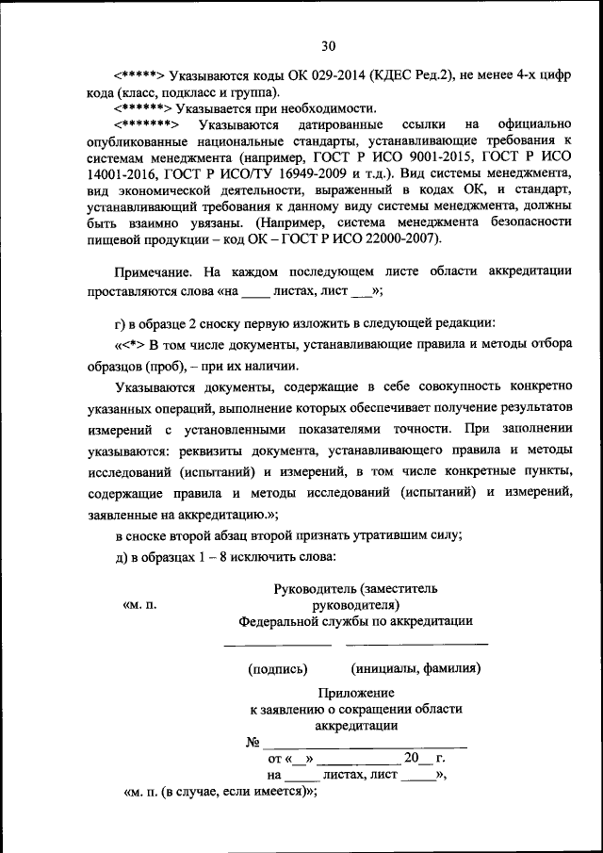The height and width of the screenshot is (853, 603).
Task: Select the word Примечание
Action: point(155,271)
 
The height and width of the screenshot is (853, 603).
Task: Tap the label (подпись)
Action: point(278,669)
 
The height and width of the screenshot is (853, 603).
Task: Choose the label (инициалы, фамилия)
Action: point(416,669)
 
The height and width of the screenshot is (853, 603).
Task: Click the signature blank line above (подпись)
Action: point(277,646)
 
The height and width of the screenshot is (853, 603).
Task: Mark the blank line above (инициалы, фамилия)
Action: point(416,646)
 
